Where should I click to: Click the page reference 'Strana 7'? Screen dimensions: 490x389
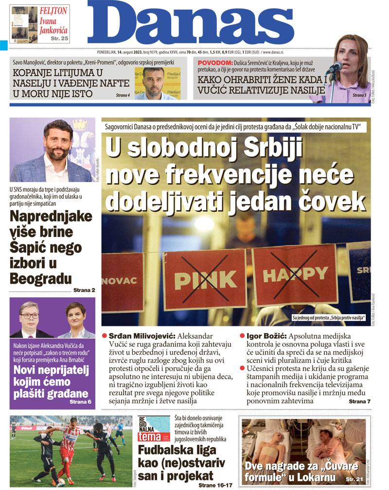359,402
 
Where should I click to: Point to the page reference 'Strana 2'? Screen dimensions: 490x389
84,290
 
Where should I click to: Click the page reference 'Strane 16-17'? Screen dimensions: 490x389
215,485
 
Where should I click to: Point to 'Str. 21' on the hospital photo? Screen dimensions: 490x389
354,479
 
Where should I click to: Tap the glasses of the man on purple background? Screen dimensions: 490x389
30,316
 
